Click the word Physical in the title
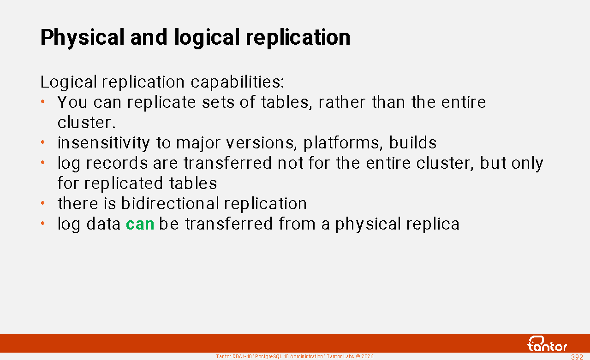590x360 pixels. coord(82,38)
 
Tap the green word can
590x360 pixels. coord(140,224)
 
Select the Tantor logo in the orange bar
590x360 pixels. coord(548,344)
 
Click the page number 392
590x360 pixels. coord(577,357)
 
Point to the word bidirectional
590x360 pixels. coord(170,203)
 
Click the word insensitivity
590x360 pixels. coord(104,143)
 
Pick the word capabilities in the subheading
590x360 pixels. coord(237,82)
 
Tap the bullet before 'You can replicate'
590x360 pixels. coord(42,101)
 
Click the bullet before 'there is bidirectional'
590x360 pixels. coord(42,203)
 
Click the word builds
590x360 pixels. coord(413,142)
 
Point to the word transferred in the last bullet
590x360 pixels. coord(229,224)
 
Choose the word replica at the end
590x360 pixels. coord(433,224)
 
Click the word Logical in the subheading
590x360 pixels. coord(69,82)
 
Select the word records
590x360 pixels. coord(117,163)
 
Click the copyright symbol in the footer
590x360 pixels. coord(358,356)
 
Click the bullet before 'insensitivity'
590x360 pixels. coord(42,142)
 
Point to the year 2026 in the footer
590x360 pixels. coord(367,356)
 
